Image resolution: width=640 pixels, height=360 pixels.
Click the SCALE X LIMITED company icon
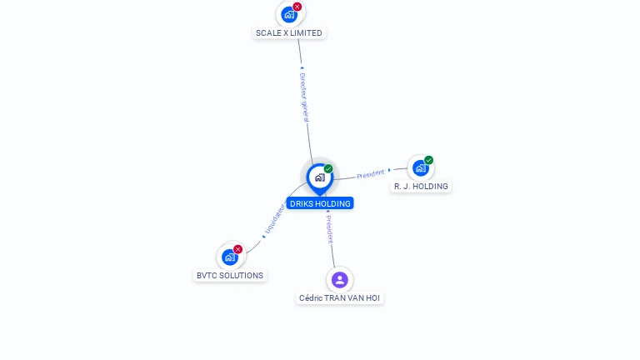coord(288,14)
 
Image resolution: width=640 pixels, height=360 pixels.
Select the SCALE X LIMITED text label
coord(289,33)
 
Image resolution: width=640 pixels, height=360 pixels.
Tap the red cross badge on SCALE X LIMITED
coord(297,7)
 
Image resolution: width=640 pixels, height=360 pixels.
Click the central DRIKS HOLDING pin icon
coord(319,177)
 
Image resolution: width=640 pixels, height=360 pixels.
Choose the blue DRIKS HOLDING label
coord(320,203)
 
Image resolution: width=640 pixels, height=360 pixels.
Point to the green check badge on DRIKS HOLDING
coord(328,169)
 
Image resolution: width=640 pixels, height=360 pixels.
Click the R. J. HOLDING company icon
coord(420,167)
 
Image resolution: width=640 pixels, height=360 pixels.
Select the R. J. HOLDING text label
coord(421,187)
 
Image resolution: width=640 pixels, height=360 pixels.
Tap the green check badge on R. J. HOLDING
coord(428,160)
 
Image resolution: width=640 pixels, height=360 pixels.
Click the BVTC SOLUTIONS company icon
coord(229,257)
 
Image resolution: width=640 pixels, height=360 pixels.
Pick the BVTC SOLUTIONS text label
coord(230,276)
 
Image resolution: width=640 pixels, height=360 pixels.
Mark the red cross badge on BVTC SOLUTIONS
coord(237,249)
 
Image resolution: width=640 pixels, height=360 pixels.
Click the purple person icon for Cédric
coord(339,279)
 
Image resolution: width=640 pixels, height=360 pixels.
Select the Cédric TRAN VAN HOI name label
coord(340,298)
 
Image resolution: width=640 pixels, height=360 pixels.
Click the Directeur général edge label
coord(304,97)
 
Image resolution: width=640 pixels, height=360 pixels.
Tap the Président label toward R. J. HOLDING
coord(371,173)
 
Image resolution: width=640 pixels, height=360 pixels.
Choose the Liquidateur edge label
coord(274,220)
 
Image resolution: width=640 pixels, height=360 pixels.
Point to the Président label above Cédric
coord(329,227)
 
